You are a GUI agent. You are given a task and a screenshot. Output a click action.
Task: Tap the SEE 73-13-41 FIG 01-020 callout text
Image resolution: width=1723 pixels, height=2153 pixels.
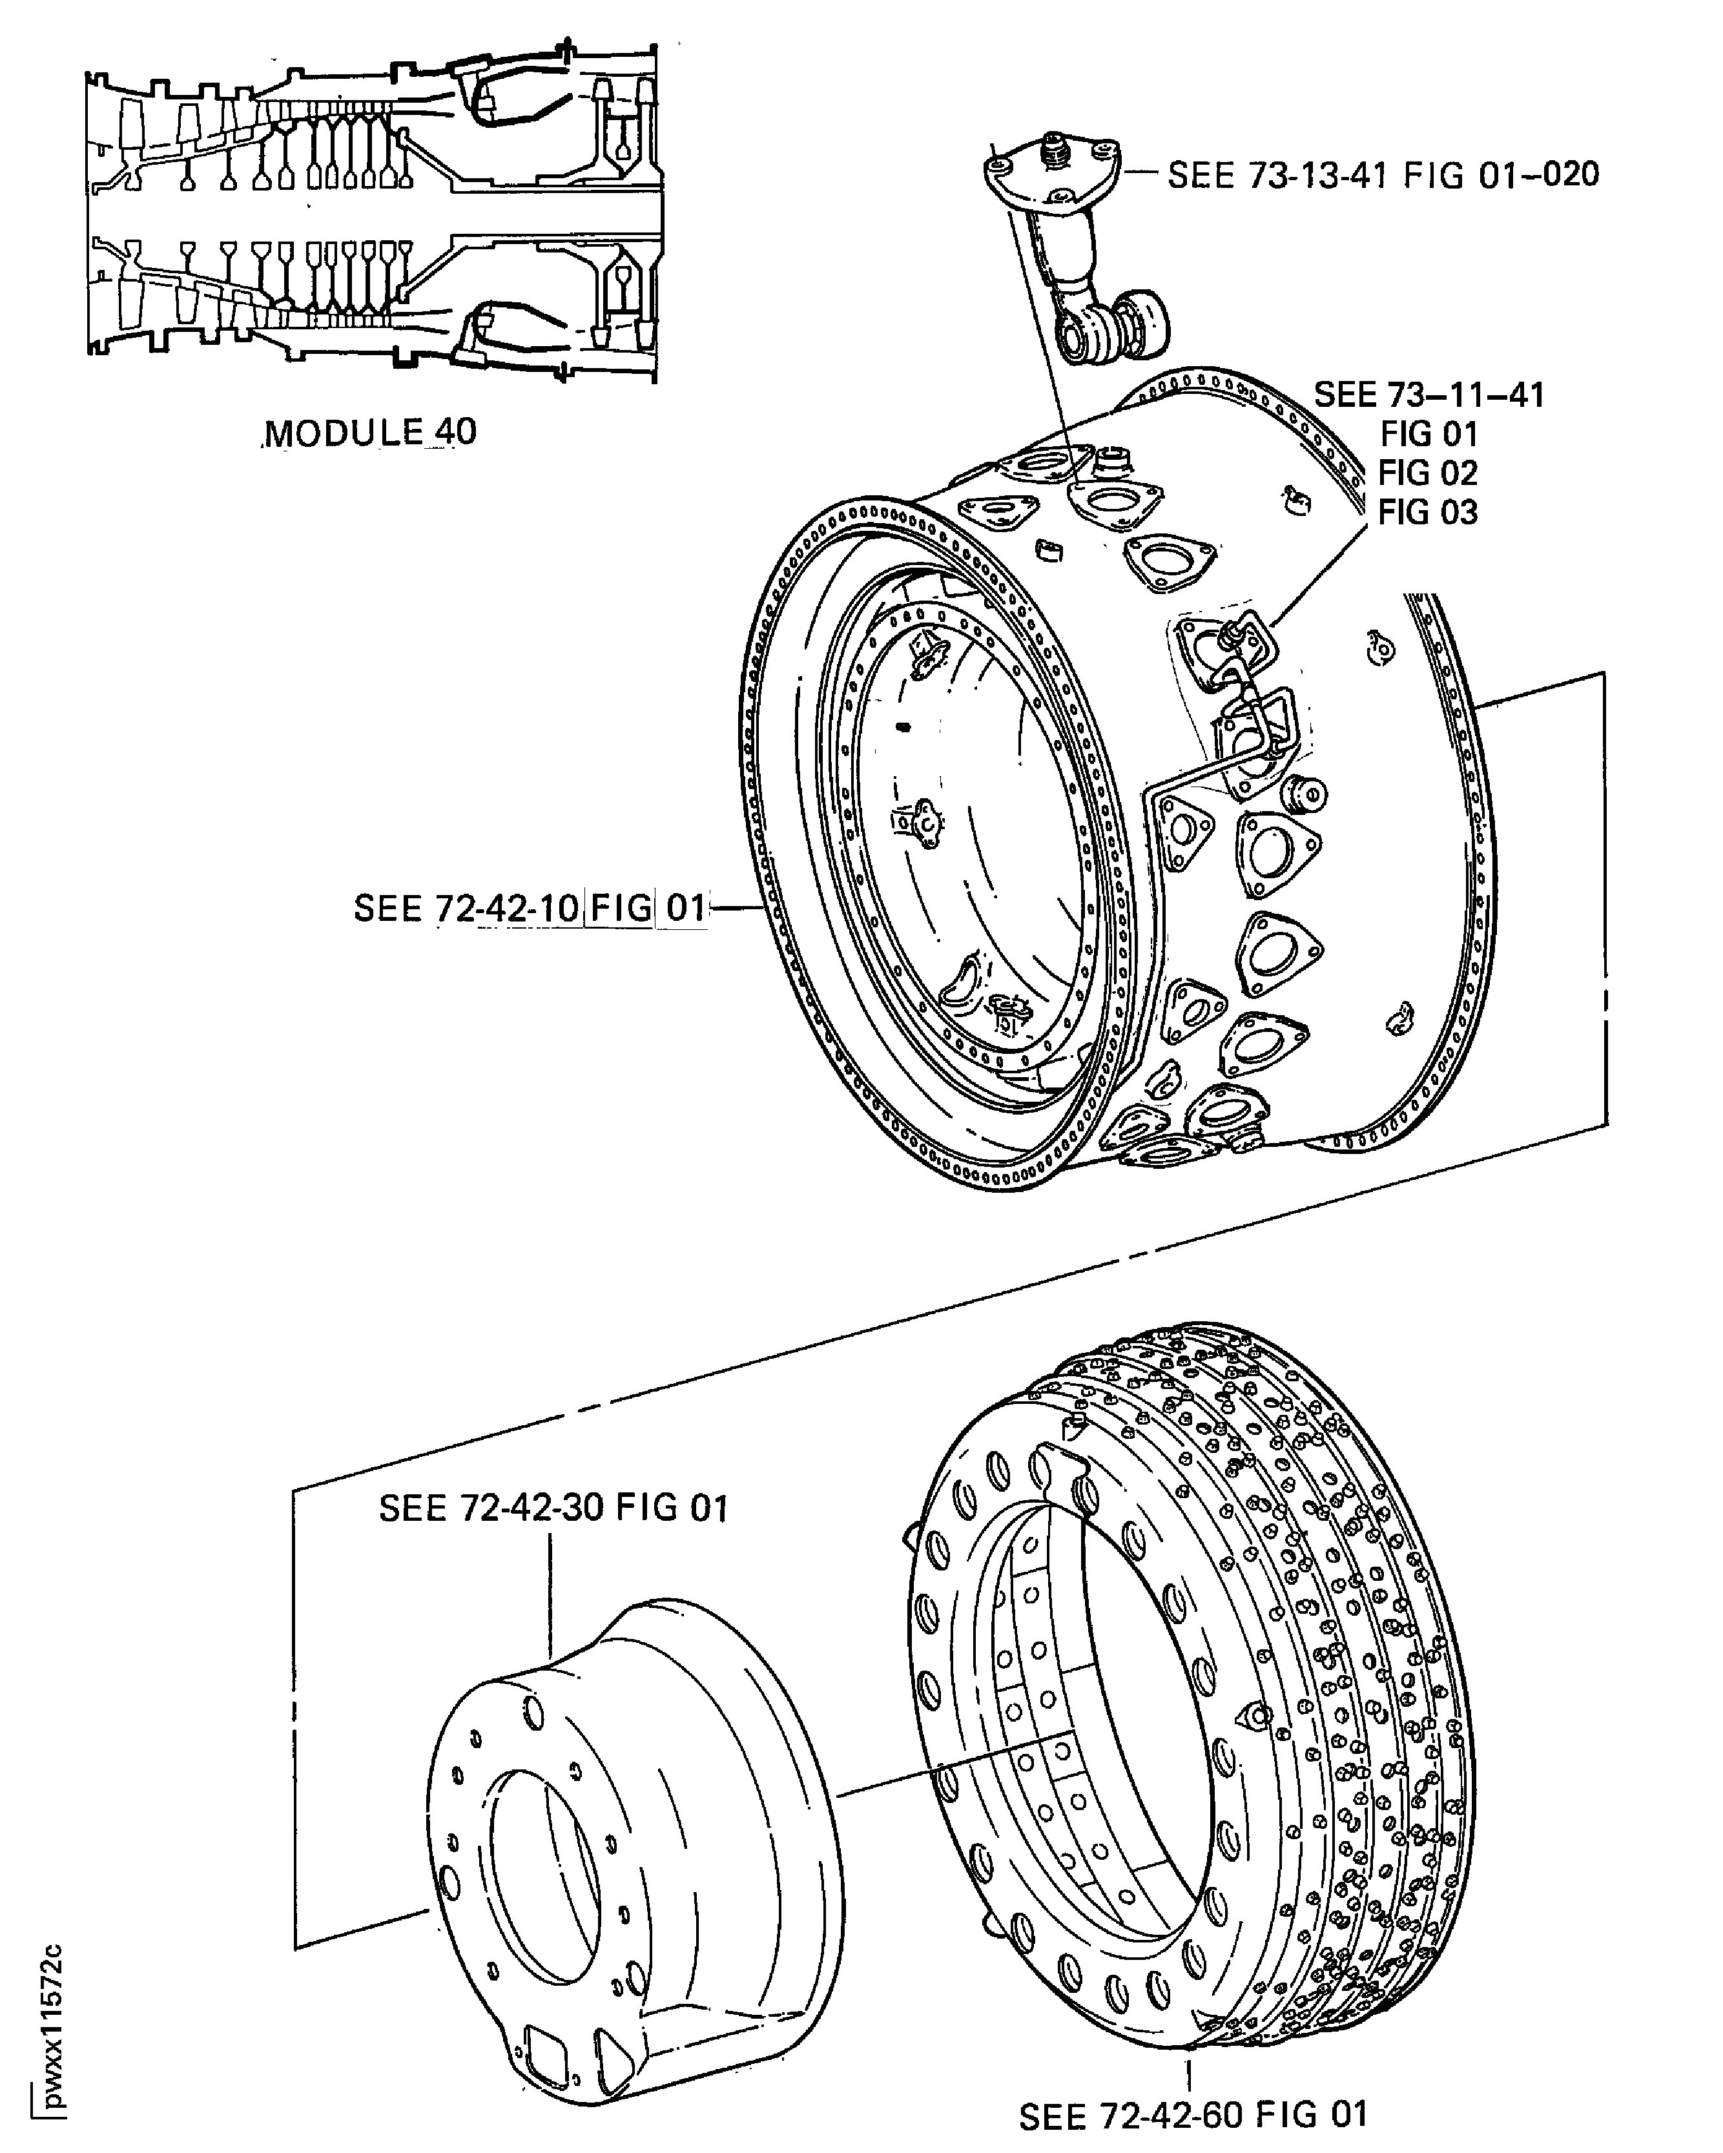1383,175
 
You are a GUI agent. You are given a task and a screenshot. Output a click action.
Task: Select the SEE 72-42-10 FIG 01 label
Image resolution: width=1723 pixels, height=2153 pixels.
530,908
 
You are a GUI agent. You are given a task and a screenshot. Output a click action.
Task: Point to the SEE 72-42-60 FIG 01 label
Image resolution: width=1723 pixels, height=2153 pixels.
1193,2115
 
